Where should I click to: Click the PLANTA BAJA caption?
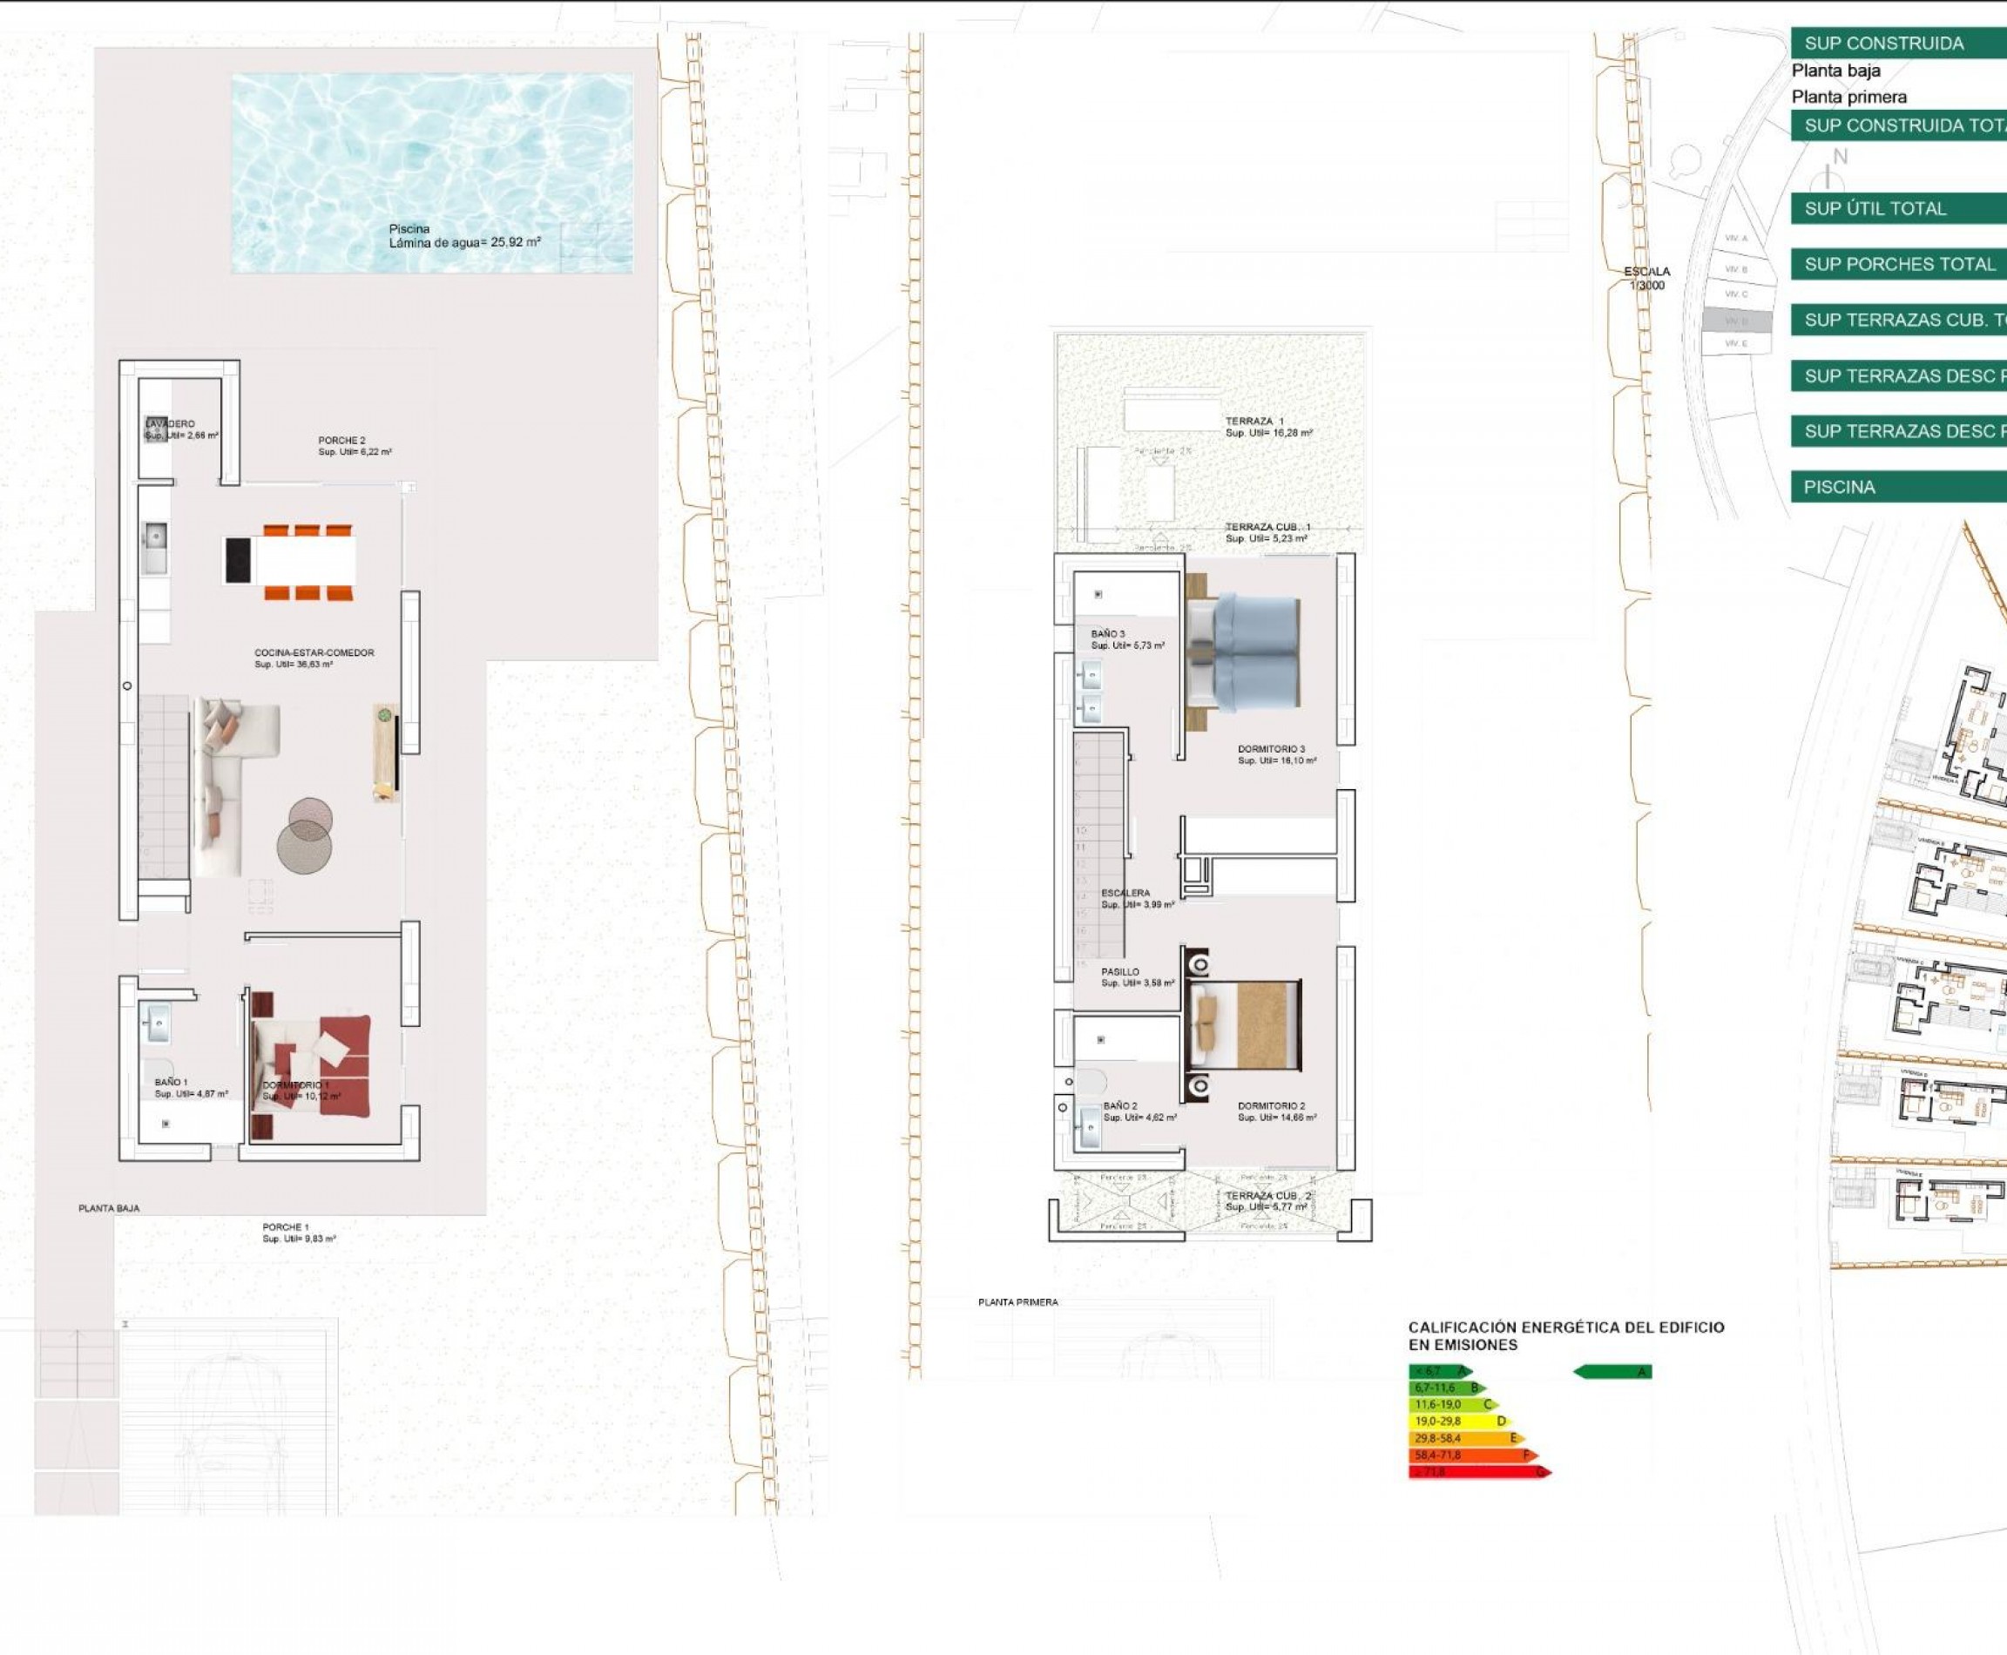[x=109, y=1208]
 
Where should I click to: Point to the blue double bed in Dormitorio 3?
[x=1254, y=653]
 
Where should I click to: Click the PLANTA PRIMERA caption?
[x=1017, y=1302]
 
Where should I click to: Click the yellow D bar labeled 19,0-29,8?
[x=1456, y=1422]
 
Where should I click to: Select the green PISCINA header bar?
[x=1897, y=487]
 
